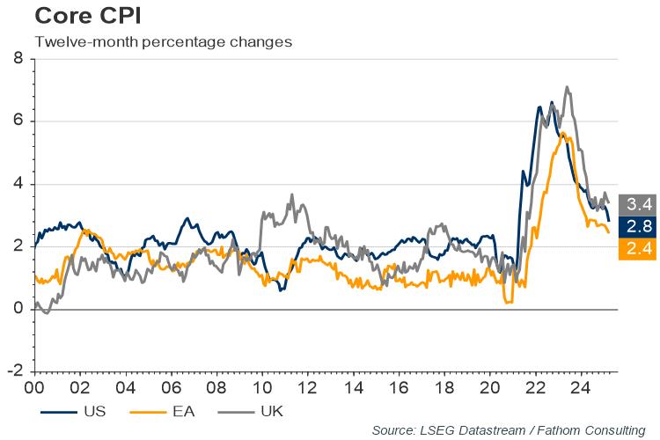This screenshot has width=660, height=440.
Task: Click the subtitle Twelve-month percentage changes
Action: (x=163, y=41)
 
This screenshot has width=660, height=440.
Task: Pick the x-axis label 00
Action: (x=35, y=386)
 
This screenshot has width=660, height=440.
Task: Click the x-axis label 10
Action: (x=261, y=386)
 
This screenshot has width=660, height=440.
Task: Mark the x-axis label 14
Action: (x=352, y=386)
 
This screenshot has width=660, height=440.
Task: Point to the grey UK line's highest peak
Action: (x=567, y=87)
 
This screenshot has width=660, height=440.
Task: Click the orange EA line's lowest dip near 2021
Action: (x=509, y=303)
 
